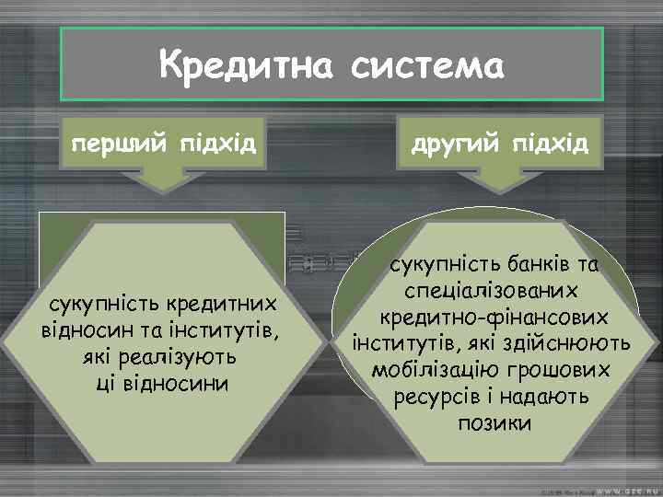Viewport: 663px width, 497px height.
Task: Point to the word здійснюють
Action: (577, 343)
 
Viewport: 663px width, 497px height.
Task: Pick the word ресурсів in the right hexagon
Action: (436, 396)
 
